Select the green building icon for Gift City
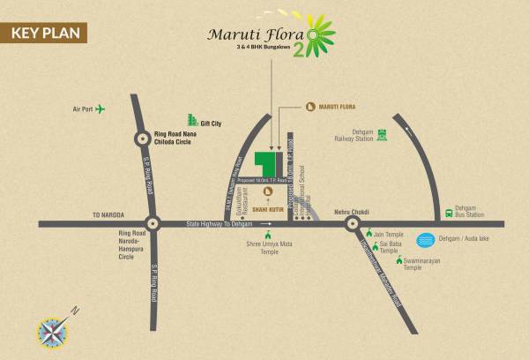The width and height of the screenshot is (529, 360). [x=190, y=121]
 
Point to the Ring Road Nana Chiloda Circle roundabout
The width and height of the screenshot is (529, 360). [x=143, y=138]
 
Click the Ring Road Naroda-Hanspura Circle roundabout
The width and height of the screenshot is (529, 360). [x=153, y=224]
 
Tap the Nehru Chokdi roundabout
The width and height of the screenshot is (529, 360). [x=353, y=224]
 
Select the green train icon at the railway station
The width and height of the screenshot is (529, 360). [x=382, y=135]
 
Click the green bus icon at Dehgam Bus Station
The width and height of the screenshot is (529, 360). [x=449, y=213]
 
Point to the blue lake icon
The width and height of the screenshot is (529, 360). [x=426, y=239]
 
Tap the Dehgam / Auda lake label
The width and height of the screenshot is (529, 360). [x=465, y=239]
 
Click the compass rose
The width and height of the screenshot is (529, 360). [x=52, y=332]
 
